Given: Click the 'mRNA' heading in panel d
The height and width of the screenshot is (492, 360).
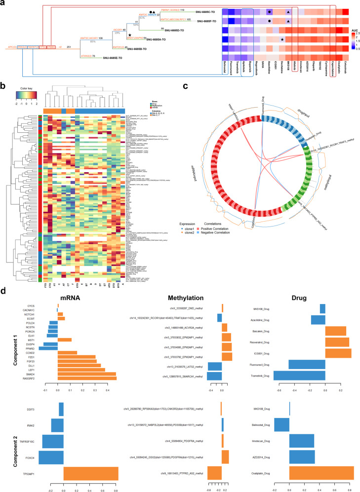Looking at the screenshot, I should click(67, 297).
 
